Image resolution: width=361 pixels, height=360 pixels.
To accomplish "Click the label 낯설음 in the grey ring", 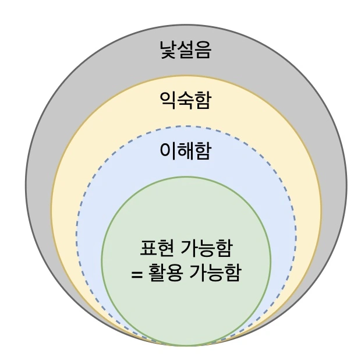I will point(185,50).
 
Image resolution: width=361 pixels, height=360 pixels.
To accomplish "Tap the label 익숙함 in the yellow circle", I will point(185,100).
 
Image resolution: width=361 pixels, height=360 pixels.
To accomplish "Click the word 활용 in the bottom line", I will point(164,272).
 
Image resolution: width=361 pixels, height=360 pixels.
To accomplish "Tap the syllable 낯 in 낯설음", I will point(168,50).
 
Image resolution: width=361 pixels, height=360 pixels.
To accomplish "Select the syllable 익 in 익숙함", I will point(168,100).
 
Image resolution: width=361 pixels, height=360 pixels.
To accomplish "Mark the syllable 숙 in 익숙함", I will point(185,100).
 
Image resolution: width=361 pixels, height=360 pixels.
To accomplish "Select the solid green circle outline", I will point(271,260).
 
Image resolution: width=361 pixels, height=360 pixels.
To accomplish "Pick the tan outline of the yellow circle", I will point(321,210).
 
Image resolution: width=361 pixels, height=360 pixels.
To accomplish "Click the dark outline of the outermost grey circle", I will point(346,185).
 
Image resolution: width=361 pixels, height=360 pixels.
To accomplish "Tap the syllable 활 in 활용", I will point(155,272).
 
